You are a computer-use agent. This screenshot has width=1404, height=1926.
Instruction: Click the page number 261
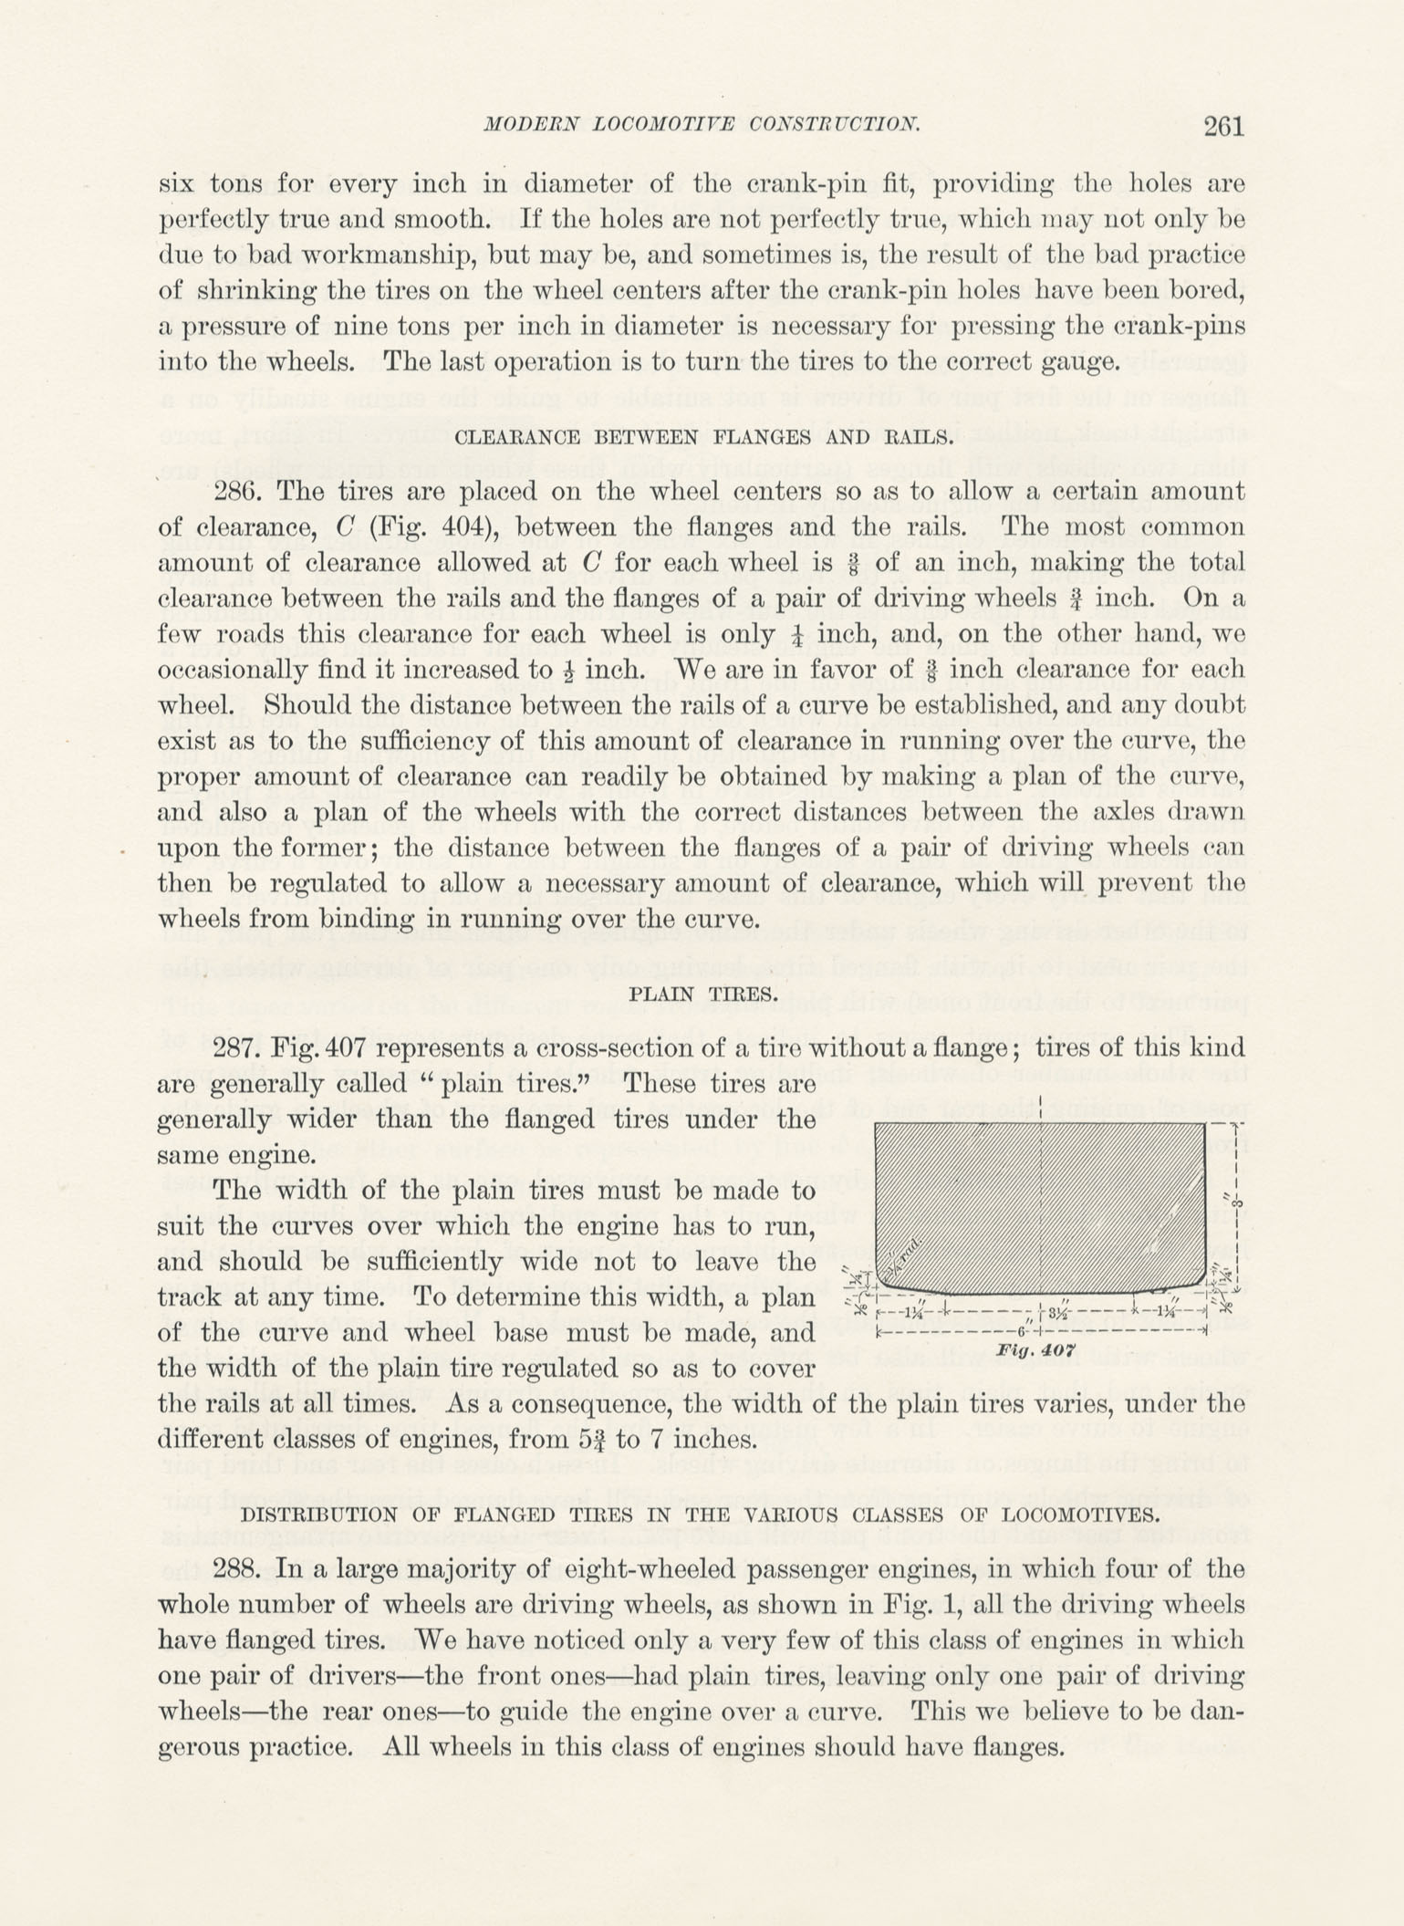pos(1223,126)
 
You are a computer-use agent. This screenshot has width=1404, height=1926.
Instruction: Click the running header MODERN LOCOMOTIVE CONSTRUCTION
pos(701,125)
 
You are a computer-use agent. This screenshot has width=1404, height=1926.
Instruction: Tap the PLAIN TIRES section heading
pos(703,994)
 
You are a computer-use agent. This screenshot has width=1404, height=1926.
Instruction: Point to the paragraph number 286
pos(238,492)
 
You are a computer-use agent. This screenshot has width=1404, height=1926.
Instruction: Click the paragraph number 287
pos(238,1047)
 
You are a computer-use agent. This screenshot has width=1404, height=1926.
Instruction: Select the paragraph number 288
pos(238,1569)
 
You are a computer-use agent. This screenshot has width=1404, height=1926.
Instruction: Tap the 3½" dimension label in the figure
pos(1059,1315)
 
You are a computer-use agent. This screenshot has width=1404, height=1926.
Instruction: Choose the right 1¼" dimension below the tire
pos(1170,1313)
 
